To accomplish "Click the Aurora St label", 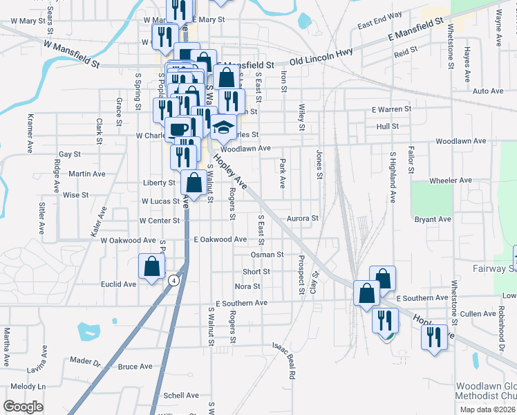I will coord(302,218).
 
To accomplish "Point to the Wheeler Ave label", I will coord(450,180).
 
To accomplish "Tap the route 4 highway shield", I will coord(172,279).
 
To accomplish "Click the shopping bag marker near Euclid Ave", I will coord(151,267).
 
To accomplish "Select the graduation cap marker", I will coord(223,127).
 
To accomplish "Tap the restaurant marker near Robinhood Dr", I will coord(434,337).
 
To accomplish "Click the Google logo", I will coord(23,407).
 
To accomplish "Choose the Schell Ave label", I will coord(181,396).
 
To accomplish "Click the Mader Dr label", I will coord(85,361).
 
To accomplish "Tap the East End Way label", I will coord(379,25).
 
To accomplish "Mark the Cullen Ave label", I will coord(478,313).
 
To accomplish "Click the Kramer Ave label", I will coord(30,133).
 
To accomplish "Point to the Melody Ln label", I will coord(28,386).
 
